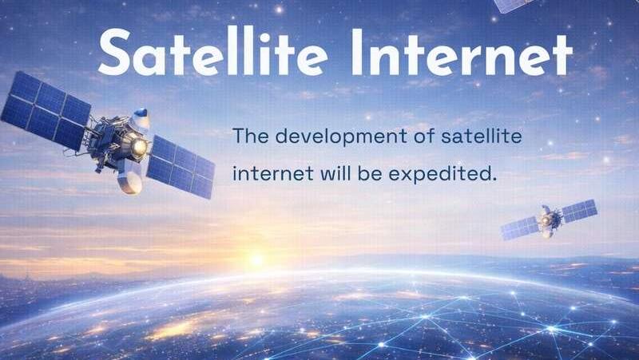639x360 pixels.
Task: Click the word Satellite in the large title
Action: point(212,51)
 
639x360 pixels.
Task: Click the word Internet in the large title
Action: point(462,52)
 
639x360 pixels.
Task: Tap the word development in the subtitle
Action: point(341,136)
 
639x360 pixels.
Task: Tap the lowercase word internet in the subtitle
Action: point(272,174)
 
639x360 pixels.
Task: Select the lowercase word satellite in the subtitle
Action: point(482,136)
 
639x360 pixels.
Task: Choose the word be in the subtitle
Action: point(370,173)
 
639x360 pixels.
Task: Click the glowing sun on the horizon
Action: point(256,259)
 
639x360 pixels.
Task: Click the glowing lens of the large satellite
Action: point(139,147)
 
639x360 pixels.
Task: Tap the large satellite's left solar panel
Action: point(46,111)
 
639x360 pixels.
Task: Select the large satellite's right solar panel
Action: point(181,167)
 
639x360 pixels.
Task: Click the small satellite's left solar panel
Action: point(520,228)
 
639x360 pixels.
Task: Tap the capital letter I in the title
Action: point(357,52)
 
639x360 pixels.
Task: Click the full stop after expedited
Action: point(492,179)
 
